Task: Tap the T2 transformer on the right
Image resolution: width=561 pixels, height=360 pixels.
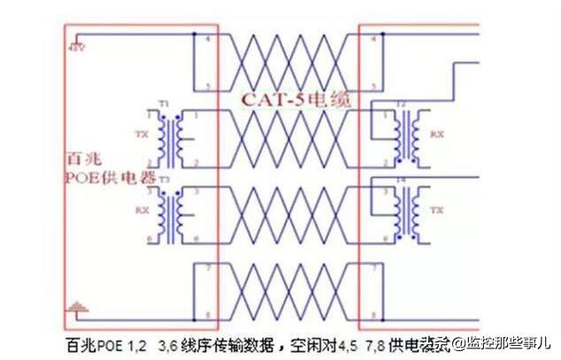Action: point(407,134)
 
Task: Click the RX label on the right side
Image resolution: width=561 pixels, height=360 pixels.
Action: point(435,134)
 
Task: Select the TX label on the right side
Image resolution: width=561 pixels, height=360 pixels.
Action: point(435,211)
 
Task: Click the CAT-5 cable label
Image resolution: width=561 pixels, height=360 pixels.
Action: point(296,100)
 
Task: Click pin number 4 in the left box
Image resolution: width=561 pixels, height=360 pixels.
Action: point(207,40)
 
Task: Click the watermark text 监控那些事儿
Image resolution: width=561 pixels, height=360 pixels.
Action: point(508,341)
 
